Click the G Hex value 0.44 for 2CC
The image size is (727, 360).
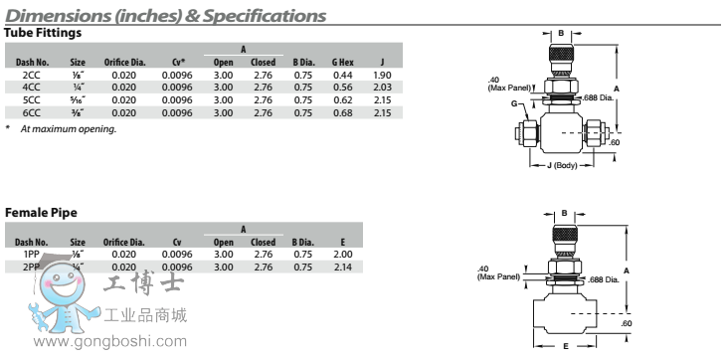pyautogui.click(x=343, y=75)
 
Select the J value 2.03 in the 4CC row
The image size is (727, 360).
pyautogui.click(x=382, y=88)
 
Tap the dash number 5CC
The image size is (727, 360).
pyautogui.click(x=32, y=99)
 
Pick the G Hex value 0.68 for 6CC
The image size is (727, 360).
pyautogui.click(x=343, y=112)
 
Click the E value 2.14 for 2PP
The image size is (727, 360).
pyautogui.click(x=343, y=267)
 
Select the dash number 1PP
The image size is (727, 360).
pyautogui.click(x=31, y=255)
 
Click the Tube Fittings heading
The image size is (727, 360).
pyautogui.click(x=43, y=33)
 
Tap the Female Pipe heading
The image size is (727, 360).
pyautogui.click(x=41, y=213)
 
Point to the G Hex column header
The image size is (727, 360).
pyautogui.click(x=343, y=63)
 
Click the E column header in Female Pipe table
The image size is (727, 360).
pyautogui.click(x=343, y=242)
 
